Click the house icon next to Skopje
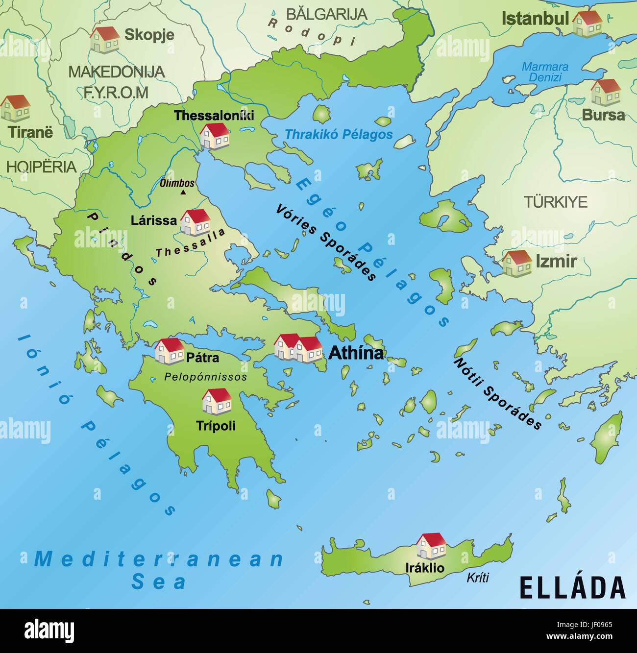point(104,39)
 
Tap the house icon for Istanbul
point(587,24)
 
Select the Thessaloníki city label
point(214,116)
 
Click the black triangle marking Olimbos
point(183,193)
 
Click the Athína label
point(356,353)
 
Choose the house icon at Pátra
point(169,350)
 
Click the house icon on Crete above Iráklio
point(431,546)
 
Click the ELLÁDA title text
point(572,587)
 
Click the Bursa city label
point(603,115)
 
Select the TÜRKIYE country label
point(556,202)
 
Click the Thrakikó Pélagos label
point(339,134)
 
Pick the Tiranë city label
point(30,132)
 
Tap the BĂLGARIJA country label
point(327,14)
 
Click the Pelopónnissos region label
point(205,377)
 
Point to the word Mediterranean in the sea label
point(159,559)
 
